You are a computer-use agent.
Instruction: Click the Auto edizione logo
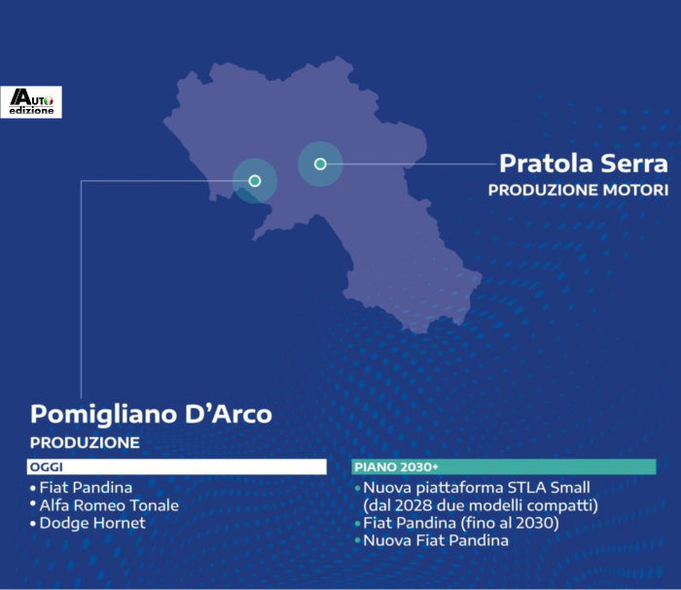coord(31,102)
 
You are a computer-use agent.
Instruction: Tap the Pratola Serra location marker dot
coord(320,164)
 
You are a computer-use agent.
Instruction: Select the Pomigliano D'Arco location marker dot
coord(255,180)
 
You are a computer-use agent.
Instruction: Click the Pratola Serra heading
coord(584,164)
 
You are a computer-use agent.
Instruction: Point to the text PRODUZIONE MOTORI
coord(578,190)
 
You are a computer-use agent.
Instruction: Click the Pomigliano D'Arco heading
coord(151,414)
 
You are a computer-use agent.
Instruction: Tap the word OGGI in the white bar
coord(47,467)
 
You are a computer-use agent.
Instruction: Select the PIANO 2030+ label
coord(396,467)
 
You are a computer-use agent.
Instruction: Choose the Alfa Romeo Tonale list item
coord(109,505)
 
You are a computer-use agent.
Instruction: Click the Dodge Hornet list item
coord(92,523)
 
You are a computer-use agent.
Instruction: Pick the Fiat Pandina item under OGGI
coord(86,488)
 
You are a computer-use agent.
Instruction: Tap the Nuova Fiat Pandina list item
coord(436,540)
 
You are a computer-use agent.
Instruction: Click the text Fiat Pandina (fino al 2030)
coord(461,523)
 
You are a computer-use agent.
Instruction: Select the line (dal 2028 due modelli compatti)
coord(481,505)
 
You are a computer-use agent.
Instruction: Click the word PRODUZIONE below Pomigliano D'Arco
coord(85,443)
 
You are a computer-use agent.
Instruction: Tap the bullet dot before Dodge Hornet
coord(33,524)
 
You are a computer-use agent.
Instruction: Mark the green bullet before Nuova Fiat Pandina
coord(357,541)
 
